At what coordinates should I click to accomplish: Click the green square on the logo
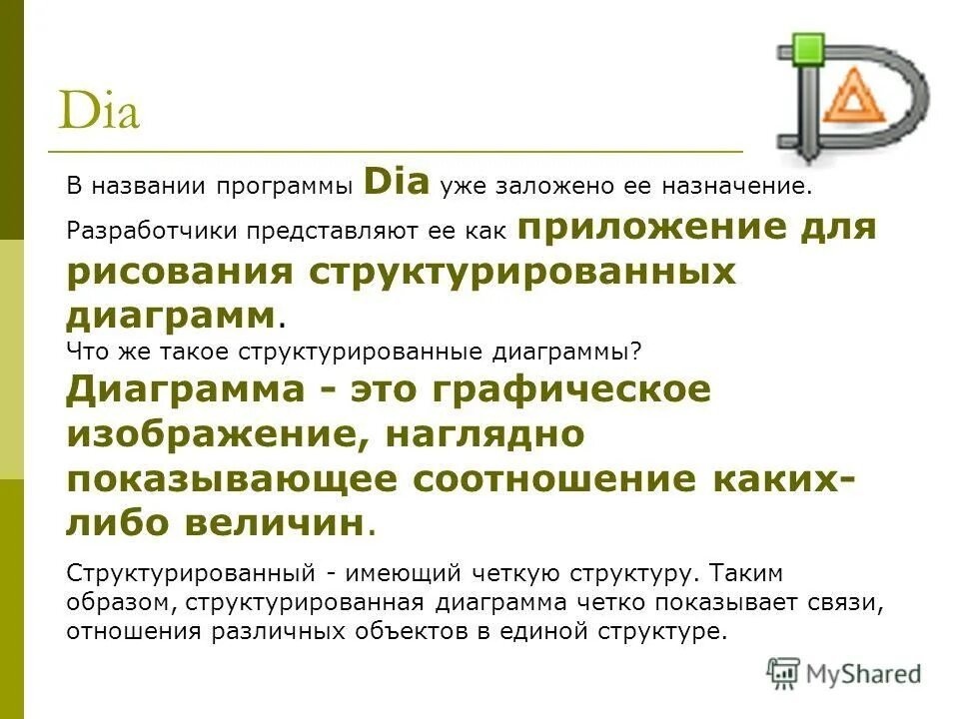(807, 47)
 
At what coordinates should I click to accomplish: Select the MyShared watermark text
(866, 674)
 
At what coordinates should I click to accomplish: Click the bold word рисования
(180, 273)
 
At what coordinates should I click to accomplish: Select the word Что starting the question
(85, 351)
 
